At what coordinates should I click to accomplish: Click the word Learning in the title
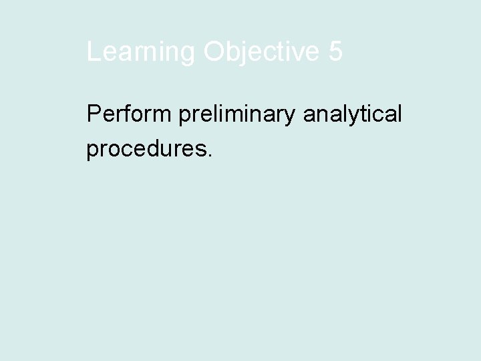click(x=141, y=51)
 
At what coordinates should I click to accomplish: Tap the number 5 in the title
click(x=335, y=51)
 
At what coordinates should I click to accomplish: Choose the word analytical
click(x=353, y=115)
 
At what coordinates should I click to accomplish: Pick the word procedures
click(x=146, y=148)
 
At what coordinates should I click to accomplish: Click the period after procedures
click(x=210, y=154)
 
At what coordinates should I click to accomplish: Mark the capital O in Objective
click(x=216, y=51)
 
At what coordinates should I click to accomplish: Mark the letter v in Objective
click(x=301, y=53)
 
